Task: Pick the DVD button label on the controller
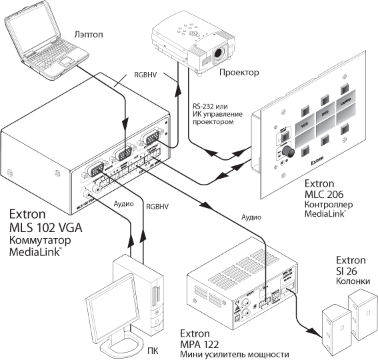click(x=326, y=113)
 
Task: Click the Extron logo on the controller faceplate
click(x=322, y=161)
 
